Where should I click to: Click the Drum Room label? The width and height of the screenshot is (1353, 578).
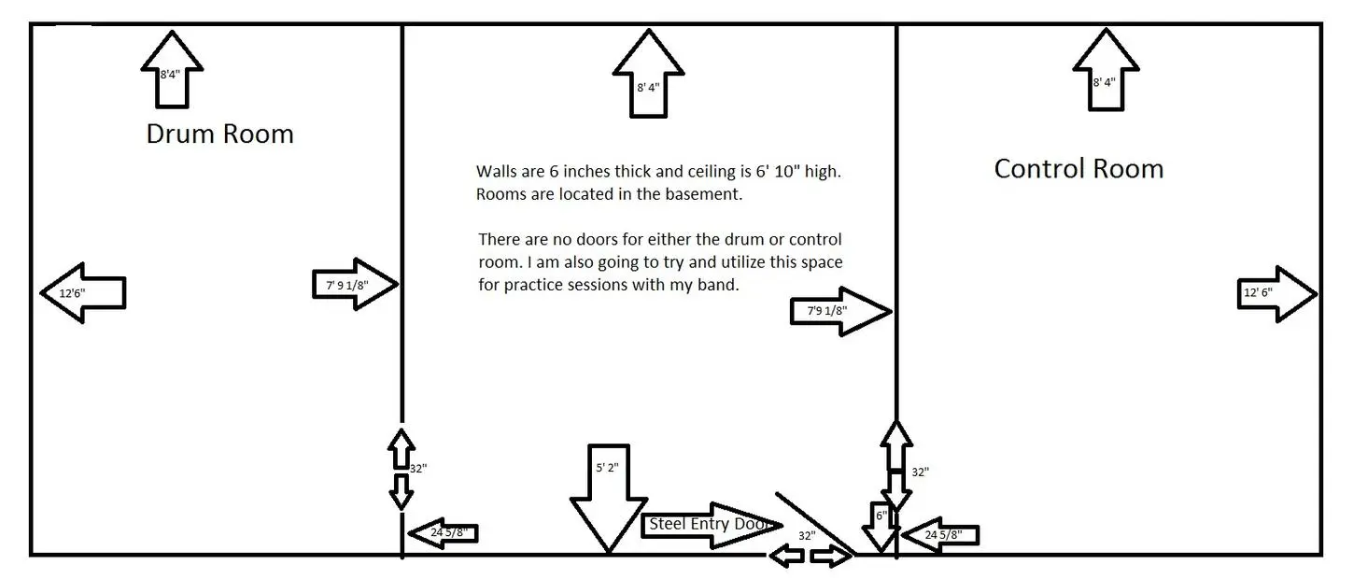pyautogui.click(x=219, y=134)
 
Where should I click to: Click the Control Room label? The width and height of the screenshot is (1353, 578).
pyautogui.click(x=1078, y=169)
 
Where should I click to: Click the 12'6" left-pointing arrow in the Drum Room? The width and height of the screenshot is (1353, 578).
pyautogui.click(x=84, y=293)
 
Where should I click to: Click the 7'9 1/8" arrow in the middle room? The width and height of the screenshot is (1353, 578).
pyautogui.click(x=839, y=311)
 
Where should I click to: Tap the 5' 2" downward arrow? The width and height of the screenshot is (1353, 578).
pyautogui.click(x=608, y=495)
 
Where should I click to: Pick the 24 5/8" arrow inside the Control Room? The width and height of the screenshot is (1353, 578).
pyautogui.click(x=941, y=535)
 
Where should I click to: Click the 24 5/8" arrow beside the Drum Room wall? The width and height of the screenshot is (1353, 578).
pyautogui.click(x=444, y=533)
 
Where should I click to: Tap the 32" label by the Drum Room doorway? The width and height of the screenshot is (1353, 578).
pyautogui.click(x=417, y=468)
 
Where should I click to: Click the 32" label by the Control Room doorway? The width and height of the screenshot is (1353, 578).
pyautogui.click(x=920, y=472)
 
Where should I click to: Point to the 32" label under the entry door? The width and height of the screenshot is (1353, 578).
pyautogui.click(x=807, y=536)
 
